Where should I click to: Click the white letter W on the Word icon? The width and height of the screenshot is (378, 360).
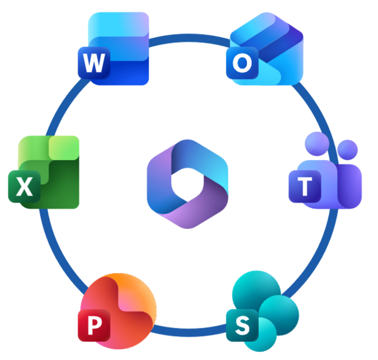(94, 63)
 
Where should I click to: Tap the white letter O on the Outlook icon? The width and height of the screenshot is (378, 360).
(242, 63)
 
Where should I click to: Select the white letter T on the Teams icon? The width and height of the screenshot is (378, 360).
(305, 186)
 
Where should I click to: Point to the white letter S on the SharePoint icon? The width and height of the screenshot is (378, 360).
(243, 325)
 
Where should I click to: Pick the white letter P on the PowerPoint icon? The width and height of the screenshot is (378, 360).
(94, 325)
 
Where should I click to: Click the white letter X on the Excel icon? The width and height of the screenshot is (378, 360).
(25, 186)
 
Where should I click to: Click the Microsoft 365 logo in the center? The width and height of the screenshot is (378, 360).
(188, 184)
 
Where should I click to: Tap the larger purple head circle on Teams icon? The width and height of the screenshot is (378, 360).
(317, 144)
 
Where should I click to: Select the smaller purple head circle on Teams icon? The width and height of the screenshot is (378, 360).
(347, 149)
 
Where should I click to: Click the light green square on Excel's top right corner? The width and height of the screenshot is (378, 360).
(64, 148)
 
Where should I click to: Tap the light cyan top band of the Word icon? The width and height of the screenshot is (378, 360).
(118, 24)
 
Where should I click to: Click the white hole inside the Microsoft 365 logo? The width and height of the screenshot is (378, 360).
(188, 185)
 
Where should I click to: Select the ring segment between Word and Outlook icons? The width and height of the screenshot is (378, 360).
(189, 38)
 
